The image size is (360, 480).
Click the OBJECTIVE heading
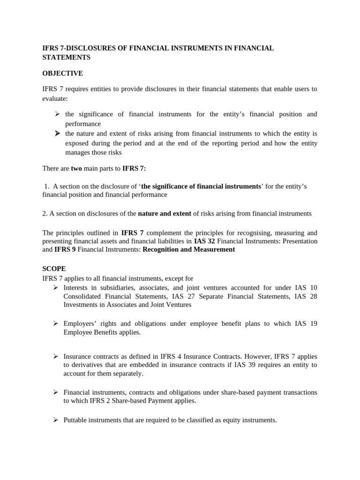62,73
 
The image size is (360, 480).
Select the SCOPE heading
54,269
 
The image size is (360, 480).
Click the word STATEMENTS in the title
67,57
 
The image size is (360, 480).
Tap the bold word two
76,168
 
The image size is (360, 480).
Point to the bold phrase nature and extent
165,213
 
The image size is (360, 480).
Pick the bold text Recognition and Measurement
188,249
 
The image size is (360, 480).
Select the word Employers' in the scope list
79,323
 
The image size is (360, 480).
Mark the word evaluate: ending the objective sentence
55,99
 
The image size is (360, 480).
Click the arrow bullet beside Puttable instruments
55,420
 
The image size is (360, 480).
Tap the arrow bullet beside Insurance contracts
55,357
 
